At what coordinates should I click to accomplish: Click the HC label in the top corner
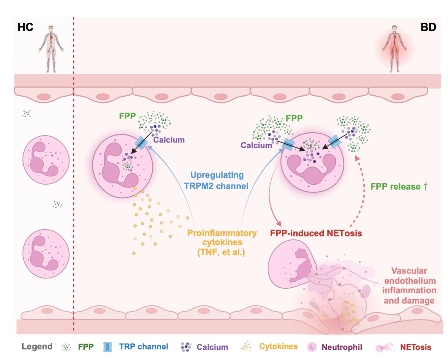(25, 27)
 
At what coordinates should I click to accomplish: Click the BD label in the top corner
(428, 27)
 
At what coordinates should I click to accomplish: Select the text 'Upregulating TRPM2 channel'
(216, 180)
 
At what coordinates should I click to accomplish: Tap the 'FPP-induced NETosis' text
(316, 233)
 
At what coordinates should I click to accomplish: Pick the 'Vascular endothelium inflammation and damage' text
(409, 286)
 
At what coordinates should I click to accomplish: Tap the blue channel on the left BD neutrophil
(141, 143)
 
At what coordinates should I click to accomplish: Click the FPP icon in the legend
(66, 347)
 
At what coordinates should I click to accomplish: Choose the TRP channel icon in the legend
(108, 347)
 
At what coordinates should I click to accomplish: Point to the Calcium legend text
(212, 347)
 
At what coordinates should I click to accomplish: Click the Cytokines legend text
(278, 347)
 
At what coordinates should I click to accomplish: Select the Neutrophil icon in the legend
(312, 347)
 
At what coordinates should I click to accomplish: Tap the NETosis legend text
(415, 347)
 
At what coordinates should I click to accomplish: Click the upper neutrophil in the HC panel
(46, 160)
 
